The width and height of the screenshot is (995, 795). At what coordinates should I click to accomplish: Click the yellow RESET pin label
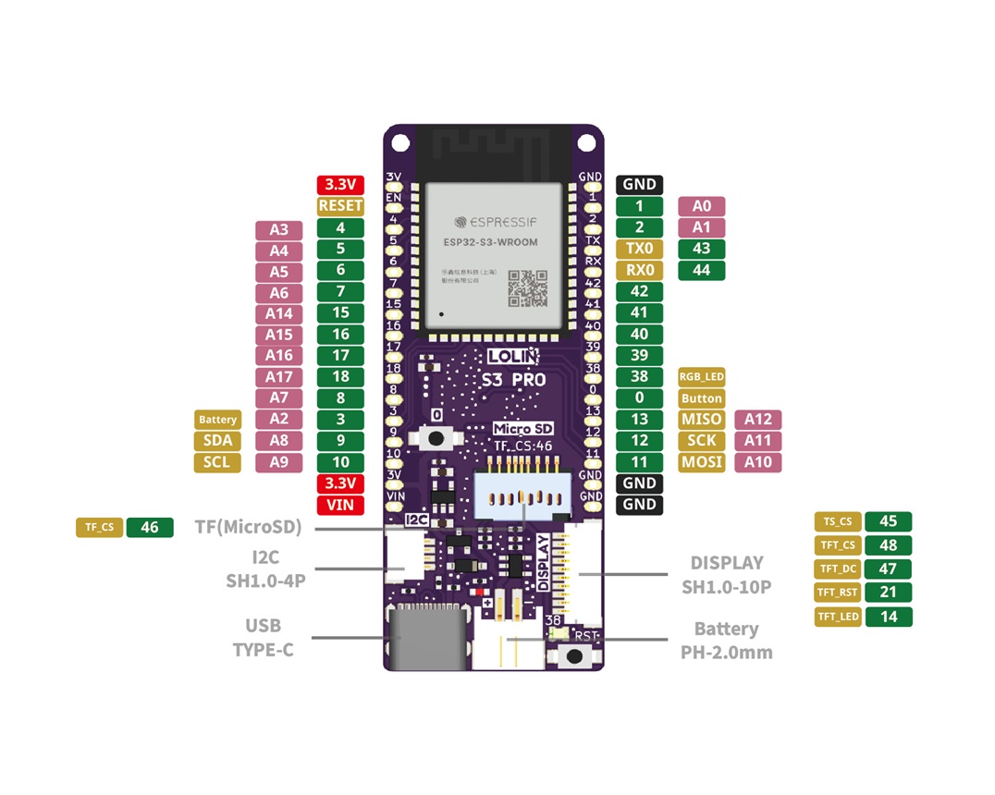[340, 206]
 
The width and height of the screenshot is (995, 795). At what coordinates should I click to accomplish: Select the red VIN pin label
[340, 505]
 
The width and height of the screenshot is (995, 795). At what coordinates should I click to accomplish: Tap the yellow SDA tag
[217, 441]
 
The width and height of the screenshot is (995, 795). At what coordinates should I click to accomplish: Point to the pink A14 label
[278, 313]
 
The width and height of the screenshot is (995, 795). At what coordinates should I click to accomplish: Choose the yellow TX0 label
[639, 249]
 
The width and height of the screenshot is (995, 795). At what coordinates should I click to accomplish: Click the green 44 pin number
[701, 270]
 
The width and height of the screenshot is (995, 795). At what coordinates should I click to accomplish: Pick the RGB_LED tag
[701, 377]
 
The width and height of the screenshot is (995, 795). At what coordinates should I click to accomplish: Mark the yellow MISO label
[701, 420]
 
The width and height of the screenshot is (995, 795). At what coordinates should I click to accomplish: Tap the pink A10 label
[757, 462]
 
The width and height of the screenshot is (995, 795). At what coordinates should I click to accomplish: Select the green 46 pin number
[150, 528]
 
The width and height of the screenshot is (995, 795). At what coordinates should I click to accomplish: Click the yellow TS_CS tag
[837, 521]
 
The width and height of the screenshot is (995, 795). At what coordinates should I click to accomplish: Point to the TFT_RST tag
[837, 593]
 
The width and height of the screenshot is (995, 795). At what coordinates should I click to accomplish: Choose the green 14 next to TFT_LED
[889, 617]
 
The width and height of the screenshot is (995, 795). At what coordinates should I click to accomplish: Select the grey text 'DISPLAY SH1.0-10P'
[726, 574]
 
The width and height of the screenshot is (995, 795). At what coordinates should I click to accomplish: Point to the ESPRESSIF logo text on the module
[496, 222]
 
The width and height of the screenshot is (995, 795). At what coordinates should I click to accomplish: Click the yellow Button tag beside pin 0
[701, 398]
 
